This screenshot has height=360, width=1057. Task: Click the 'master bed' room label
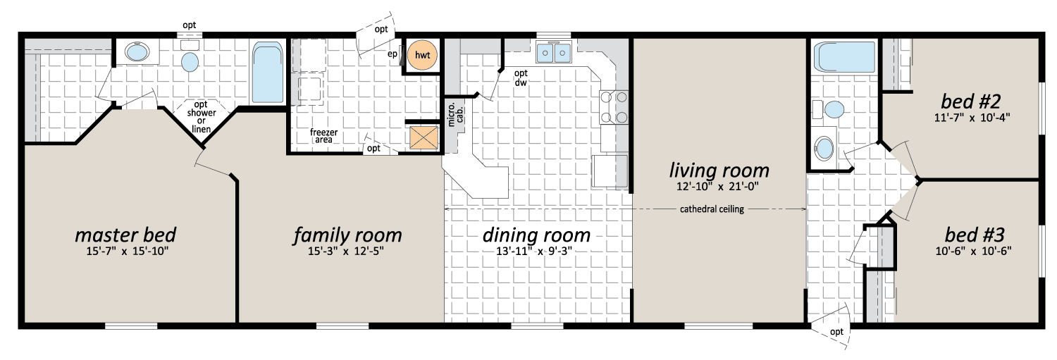(x=125, y=235)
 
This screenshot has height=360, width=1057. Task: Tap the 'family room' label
(x=348, y=235)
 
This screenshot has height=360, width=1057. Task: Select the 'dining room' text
(x=536, y=235)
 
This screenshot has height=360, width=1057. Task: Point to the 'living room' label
(x=719, y=170)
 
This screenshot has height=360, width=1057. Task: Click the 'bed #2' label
(x=970, y=101)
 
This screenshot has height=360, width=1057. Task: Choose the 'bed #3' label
(x=975, y=235)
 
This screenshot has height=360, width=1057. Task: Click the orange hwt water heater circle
(x=422, y=55)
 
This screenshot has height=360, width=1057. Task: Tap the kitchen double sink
(x=553, y=52)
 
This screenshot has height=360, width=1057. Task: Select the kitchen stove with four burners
(x=614, y=106)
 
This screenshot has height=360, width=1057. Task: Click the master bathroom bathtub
(x=268, y=73)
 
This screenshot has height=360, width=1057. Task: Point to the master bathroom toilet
(x=190, y=57)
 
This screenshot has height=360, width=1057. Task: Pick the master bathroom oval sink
(x=137, y=52)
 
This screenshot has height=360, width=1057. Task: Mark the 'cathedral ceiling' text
(x=712, y=209)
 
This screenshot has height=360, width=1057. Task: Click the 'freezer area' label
(x=323, y=136)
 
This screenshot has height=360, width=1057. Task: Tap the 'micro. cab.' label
(x=455, y=114)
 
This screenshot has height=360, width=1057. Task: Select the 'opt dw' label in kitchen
(x=521, y=78)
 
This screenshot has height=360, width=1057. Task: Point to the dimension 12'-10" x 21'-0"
(x=717, y=187)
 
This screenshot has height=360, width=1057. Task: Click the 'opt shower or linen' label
(x=202, y=116)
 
